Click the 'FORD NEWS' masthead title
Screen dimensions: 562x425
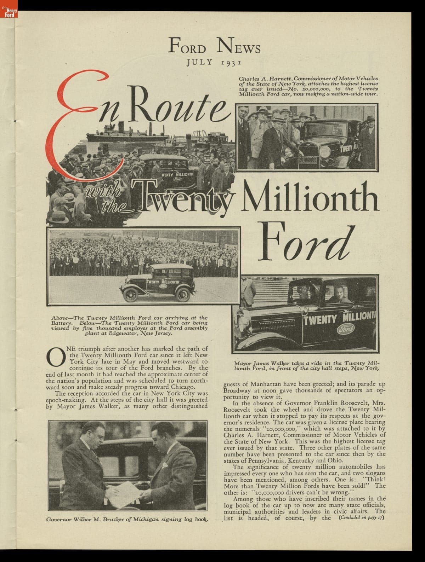click(214, 46)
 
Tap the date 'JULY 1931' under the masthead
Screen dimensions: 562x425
click(214, 63)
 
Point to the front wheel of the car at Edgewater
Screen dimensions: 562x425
click(131, 294)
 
